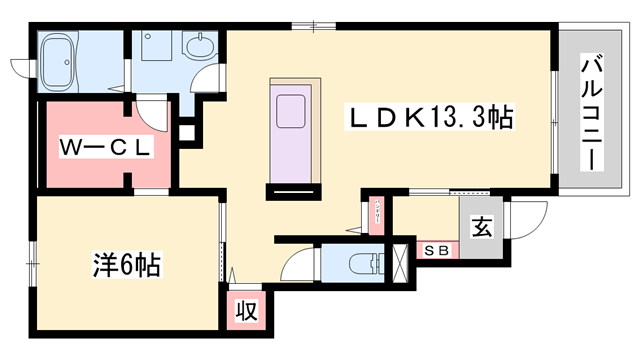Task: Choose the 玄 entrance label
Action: pos(481,228)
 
